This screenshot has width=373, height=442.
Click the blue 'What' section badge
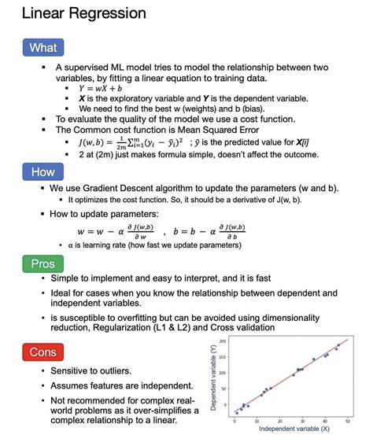pos(42,47)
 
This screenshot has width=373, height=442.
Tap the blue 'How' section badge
pos(42,171)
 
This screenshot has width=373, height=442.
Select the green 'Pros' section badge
pos(42,264)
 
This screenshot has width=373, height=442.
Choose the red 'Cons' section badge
pos(42,352)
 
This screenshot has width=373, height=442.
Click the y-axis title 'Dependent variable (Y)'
pos(213,376)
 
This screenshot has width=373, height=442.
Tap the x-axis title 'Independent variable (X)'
pos(293,428)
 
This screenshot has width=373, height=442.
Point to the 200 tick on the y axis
pos(223,341)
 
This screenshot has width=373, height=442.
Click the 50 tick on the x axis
pos(349,420)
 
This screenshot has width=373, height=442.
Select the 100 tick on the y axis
pos(223,374)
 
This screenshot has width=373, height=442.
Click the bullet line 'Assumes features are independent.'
pos(121,385)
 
